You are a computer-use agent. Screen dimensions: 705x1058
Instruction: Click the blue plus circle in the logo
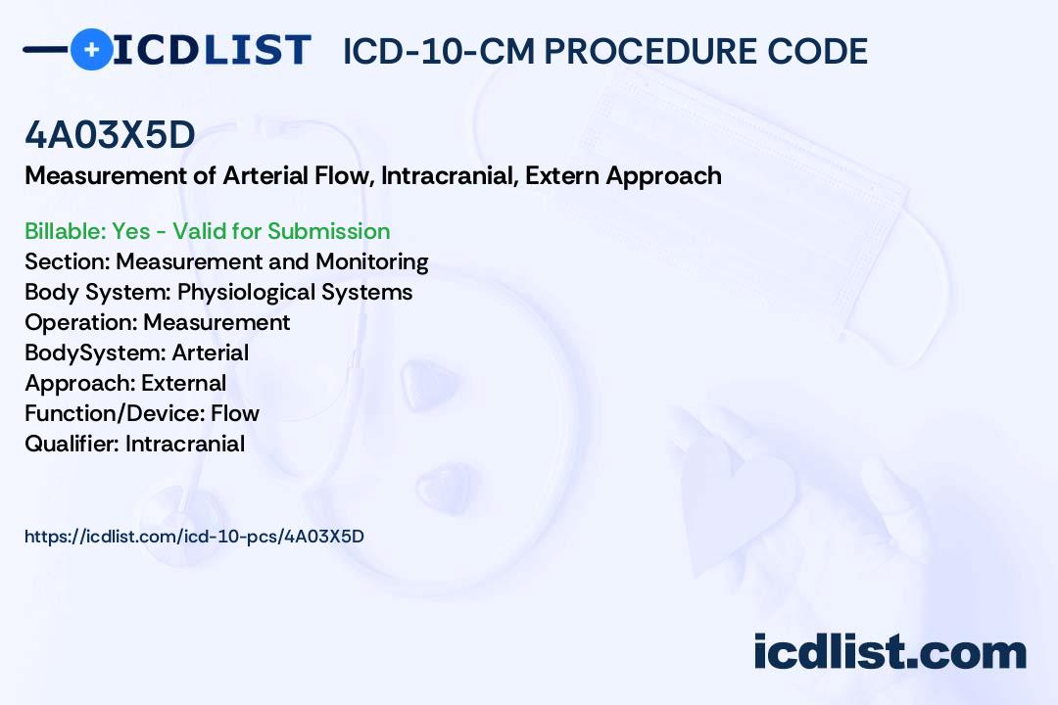[92, 49]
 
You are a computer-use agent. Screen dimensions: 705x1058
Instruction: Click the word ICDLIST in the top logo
[213, 49]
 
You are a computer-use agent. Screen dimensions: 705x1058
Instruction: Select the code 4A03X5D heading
[110, 136]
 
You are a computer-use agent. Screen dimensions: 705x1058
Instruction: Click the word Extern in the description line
[563, 176]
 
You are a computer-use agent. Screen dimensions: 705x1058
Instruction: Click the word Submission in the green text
[329, 231]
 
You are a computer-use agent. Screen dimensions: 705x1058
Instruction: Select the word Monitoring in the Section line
[372, 261]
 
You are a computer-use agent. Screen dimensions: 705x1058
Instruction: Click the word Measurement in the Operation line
[216, 322]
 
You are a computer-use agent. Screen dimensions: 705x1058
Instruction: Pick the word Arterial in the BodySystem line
[210, 352]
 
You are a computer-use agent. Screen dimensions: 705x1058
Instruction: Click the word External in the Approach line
[183, 383]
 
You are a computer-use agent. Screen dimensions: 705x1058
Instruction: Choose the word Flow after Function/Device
[235, 413]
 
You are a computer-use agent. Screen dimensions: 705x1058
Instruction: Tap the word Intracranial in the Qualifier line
[185, 444]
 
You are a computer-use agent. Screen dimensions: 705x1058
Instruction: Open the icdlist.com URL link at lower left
[194, 537]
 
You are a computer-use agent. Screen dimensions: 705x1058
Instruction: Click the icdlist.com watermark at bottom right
[890, 652]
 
